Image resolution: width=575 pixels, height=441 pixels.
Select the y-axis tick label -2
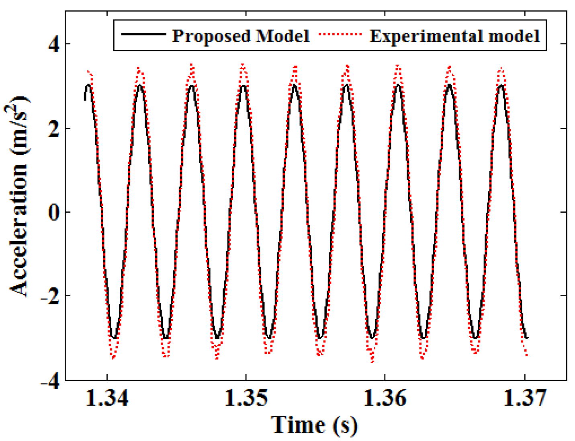pos(50,296)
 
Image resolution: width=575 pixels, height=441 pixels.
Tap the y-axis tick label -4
pos(50,380)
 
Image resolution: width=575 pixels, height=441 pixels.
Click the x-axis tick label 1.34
pos(107,398)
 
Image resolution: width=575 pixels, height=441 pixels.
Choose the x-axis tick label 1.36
pos(385,398)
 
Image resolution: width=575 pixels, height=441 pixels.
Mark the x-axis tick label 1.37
pos(524,398)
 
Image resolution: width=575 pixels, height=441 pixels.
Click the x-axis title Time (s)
pos(314,425)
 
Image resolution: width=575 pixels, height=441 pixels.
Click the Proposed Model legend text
pos(241,36)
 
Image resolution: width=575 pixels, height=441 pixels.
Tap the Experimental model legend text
pos(454,36)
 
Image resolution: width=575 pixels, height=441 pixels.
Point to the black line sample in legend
pos(143,35)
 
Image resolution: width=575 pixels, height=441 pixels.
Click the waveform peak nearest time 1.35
pos(243,85)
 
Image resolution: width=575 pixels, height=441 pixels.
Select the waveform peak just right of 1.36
pos(398,85)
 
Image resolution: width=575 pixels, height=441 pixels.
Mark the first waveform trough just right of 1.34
pos(114,338)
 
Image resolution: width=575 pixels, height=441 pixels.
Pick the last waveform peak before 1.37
pos(501,85)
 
